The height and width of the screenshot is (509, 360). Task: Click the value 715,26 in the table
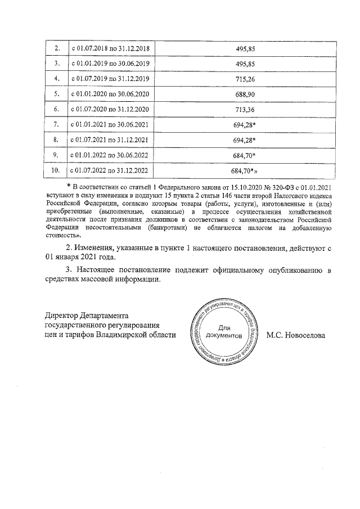[245, 79]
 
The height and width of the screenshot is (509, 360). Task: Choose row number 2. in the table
[56, 48]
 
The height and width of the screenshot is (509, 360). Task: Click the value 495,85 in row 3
[245, 64]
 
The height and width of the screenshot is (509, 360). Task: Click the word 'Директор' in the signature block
[63, 315]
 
